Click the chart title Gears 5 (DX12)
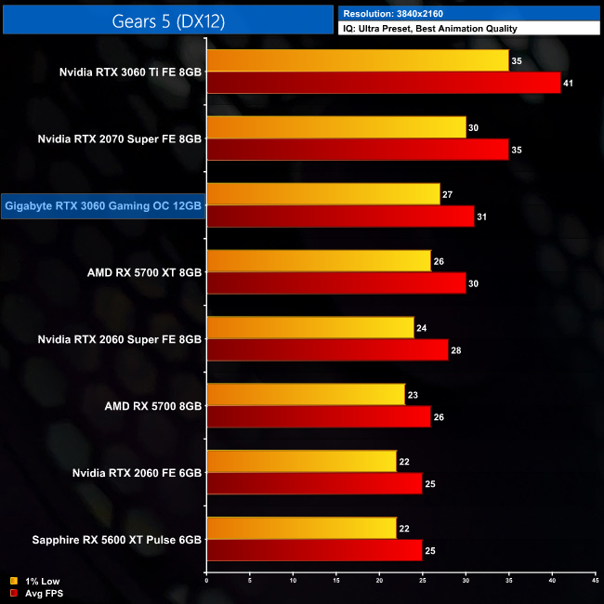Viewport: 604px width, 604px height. (167, 20)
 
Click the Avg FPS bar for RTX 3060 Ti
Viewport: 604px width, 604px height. (384, 84)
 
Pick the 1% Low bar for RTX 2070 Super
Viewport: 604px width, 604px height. (336, 127)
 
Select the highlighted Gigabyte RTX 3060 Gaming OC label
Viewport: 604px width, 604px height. (102, 205)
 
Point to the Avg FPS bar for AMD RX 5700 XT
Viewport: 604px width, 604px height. (336, 283)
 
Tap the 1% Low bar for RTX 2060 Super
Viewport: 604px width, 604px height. (310, 328)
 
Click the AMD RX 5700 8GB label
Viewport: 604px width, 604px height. (153, 406)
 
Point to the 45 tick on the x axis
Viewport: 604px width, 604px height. (595, 582)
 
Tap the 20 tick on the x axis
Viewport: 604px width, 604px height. (379, 582)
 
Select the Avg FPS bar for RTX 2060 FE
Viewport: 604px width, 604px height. (315, 484)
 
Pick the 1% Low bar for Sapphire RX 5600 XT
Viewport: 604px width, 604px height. (302, 529)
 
